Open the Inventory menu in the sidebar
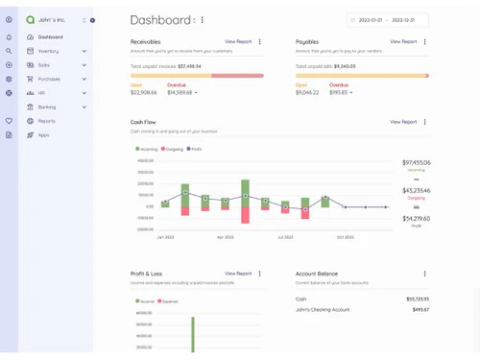[48, 51]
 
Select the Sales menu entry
[44, 65]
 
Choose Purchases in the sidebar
[49, 79]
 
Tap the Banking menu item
[47, 108]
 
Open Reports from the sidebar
[46, 121]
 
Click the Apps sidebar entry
[43, 135]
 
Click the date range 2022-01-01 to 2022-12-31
[387, 19]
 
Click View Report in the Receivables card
[238, 42]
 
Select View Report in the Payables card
[403, 42]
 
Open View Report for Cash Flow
[403, 122]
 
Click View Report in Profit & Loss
[238, 274]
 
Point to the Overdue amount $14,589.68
[180, 93]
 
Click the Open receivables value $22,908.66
[144, 93]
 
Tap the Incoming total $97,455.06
[416, 163]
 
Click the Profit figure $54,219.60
[416, 219]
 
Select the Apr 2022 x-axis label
[225, 237]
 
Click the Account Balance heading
[317, 274]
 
